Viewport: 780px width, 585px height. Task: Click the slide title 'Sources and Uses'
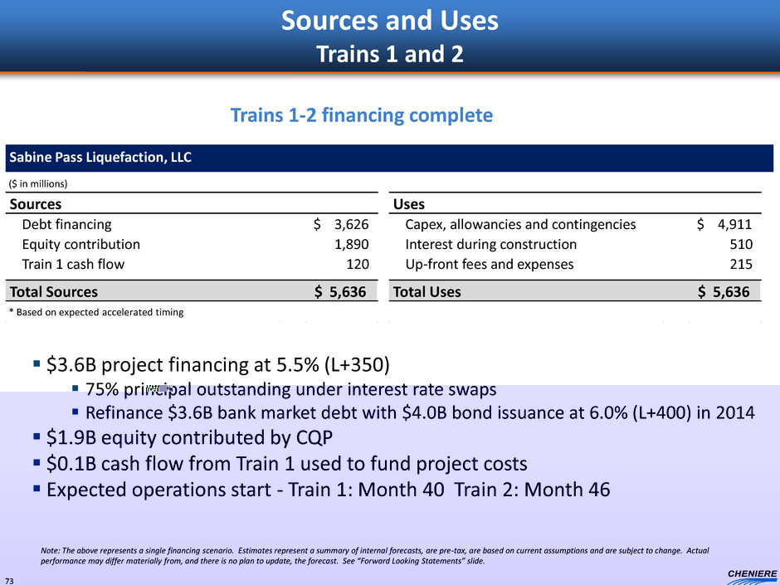(x=389, y=21)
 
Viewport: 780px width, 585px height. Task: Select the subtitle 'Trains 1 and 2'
(x=389, y=54)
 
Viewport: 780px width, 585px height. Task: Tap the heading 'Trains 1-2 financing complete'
(x=362, y=115)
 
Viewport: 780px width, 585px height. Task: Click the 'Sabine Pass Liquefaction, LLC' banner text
(x=100, y=157)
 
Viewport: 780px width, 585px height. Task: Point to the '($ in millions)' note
(x=38, y=183)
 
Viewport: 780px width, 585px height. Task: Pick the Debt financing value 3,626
(x=351, y=224)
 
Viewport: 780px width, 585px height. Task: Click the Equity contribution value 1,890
(x=351, y=244)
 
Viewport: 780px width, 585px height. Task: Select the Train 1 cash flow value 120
(x=358, y=264)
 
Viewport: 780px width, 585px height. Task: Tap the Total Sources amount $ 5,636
(x=340, y=291)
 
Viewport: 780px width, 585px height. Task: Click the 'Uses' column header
(x=409, y=204)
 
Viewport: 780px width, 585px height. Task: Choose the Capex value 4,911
(x=734, y=224)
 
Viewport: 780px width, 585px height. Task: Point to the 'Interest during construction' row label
(x=491, y=244)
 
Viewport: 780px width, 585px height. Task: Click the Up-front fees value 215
(x=741, y=264)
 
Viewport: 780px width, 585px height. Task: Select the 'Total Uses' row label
(x=427, y=291)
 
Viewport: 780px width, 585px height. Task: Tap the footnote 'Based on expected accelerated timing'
(x=100, y=312)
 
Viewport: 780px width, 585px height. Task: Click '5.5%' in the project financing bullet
(x=297, y=364)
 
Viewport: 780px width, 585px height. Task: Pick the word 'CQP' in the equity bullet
(x=314, y=438)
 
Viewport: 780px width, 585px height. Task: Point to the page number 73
(x=10, y=581)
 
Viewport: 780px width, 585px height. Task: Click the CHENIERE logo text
(x=752, y=573)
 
